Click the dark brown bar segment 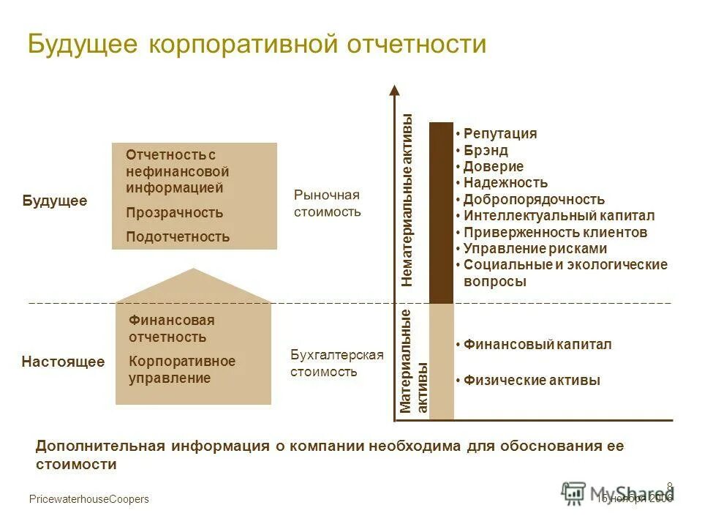tap(441, 212)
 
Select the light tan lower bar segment tap(441, 362)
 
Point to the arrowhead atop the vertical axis tap(395, 91)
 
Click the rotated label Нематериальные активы tap(407, 200)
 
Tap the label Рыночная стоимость tap(328, 203)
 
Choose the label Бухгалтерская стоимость tap(337, 363)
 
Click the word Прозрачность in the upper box tap(174, 213)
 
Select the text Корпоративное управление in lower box tap(182, 370)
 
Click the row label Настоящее tap(63, 362)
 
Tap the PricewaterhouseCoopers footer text tap(88, 499)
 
